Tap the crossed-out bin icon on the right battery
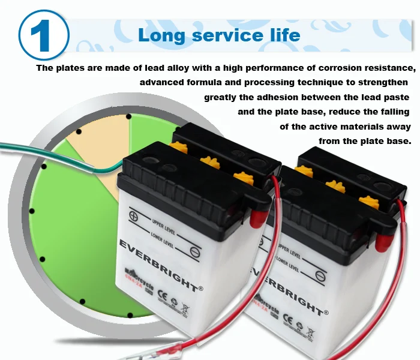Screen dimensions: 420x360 310,331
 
